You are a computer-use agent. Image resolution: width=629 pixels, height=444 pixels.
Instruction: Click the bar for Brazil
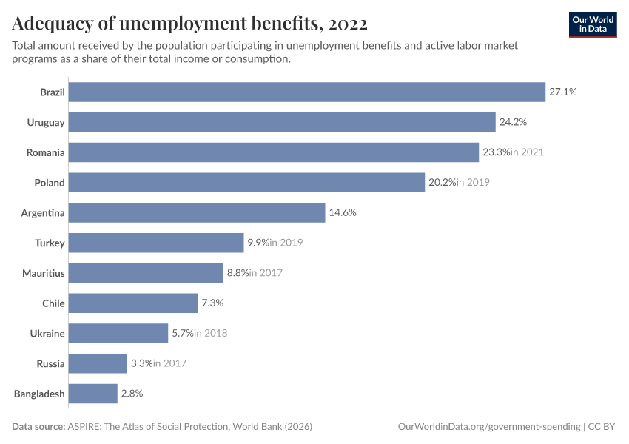point(307,92)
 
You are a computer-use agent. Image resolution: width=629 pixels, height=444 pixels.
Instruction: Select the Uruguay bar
point(282,122)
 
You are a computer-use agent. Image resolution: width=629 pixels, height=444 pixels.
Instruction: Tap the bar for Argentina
point(197,212)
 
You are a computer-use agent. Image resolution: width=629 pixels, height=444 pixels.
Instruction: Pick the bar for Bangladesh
point(93,394)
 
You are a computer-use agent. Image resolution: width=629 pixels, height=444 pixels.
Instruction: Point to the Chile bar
point(133,303)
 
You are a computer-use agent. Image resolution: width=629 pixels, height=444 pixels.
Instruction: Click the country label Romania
point(46,152)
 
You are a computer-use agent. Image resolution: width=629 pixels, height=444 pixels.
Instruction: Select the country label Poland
point(50,183)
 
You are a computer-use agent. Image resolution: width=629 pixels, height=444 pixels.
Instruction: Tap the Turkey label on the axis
point(50,243)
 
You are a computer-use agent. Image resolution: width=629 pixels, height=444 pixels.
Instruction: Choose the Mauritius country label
point(44,273)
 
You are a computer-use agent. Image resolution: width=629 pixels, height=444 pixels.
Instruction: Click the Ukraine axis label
point(47,334)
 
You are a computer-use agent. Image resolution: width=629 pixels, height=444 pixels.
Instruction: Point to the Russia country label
point(50,364)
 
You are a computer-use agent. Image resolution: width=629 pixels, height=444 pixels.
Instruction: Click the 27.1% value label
point(562,92)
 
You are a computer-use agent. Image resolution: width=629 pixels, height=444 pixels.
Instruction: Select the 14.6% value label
point(343,212)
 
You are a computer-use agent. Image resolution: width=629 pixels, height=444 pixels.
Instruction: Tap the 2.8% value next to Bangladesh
point(131,394)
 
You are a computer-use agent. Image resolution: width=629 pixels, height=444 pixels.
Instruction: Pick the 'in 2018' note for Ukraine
point(210,334)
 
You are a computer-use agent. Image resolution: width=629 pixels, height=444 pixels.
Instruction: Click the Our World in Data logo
point(593,24)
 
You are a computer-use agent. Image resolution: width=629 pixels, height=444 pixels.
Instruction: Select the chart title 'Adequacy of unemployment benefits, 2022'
point(189,24)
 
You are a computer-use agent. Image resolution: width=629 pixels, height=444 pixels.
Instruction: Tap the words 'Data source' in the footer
point(39,427)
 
